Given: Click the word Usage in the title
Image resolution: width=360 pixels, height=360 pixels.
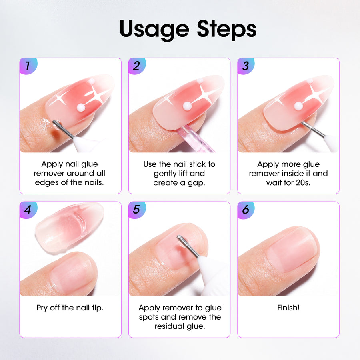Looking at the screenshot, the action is click(x=154, y=30).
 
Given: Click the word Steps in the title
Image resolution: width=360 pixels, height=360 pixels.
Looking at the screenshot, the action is click(x=227, y=29).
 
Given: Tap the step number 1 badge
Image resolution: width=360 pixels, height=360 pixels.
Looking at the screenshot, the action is click(x=28, y=66).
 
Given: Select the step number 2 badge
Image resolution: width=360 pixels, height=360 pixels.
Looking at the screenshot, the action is click(x=137, y=66).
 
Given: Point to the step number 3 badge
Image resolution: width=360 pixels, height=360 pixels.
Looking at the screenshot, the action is click(x=246, y=66).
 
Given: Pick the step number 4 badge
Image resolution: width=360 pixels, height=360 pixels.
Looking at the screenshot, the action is click(x=28, y=210).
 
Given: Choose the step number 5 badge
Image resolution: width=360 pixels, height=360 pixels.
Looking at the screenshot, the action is click(x=137, y=210).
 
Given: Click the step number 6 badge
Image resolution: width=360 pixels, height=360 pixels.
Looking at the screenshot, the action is click(x=246, y=210).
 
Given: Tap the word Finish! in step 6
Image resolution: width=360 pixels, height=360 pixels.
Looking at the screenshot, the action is click(x=288, y=308).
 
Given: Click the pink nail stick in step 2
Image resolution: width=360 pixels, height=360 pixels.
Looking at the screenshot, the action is click(x=195, y=139).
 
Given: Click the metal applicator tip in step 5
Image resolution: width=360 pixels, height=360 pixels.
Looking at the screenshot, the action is click(x=187, y=246).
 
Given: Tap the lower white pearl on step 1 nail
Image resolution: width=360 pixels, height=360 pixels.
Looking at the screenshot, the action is click(x=81, y=107).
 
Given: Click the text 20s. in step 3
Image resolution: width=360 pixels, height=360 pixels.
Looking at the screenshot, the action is click(x=303, y=183).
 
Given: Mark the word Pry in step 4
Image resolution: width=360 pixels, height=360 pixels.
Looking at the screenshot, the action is click(x=42, y=308).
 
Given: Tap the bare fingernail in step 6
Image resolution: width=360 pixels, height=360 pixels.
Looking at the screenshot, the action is click(x=293, y=252).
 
